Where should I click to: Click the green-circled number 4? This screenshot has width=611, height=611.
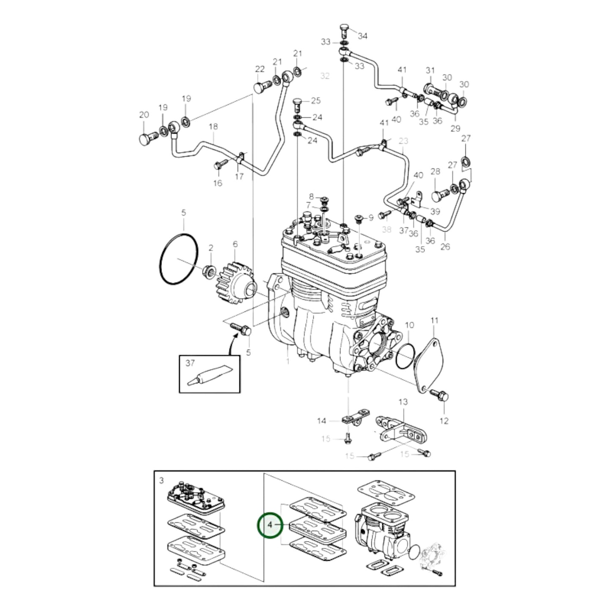[x=270, y=525]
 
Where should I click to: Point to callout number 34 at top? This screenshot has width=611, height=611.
[x=362, y=36]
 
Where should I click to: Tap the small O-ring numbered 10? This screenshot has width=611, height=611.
[x=405, y=356]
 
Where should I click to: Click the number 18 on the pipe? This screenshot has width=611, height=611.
[x=214, y=126]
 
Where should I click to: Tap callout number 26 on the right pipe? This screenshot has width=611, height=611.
[x=445, y=247]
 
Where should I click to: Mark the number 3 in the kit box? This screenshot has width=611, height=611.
[x=162, y=481]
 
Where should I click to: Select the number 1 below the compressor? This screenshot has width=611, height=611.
[x=288, y=362]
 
